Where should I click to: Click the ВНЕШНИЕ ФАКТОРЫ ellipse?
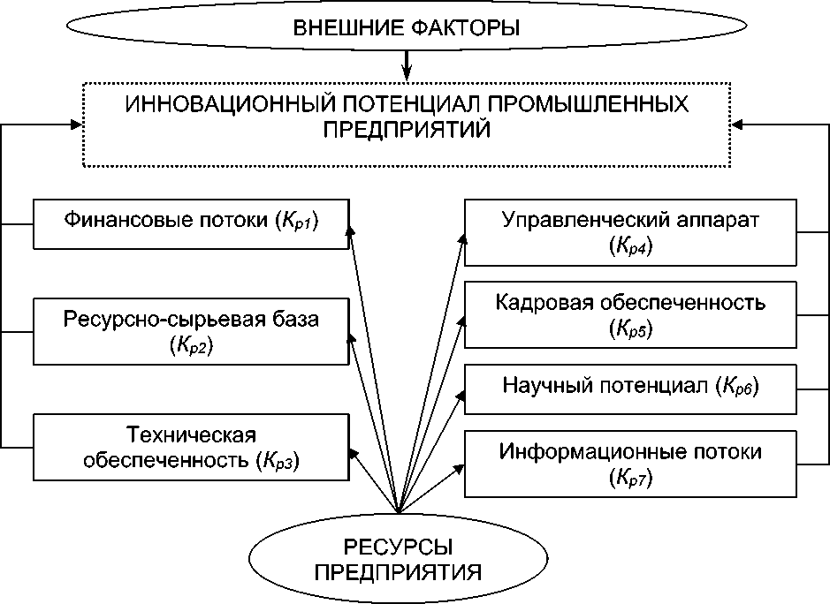pyautogui.click(x=406, y=28)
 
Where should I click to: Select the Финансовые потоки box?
pyautogui.click(x=190, y=223)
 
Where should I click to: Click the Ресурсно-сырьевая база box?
pyautogui.click(x=190, y=332)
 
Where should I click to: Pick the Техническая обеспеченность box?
pyautogui.click(x=190, y=447)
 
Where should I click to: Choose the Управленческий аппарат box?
pyautogui.click(x=630, y=232)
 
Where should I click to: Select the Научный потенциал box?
pyautogui.click(x=630, y=387)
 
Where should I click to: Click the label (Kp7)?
pyautogui.click(x=630, y=479)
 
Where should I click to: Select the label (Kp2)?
pyautogui.click(x=190, y=346)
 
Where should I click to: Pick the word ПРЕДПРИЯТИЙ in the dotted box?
pyautogui.click(x=406, y=129)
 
